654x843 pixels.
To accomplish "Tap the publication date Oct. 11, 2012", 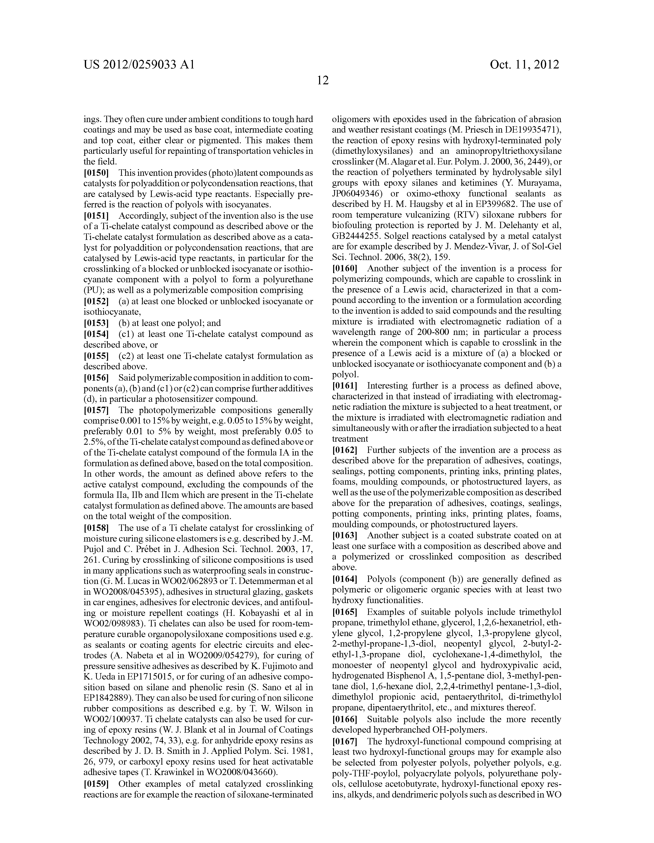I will (524, 64).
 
